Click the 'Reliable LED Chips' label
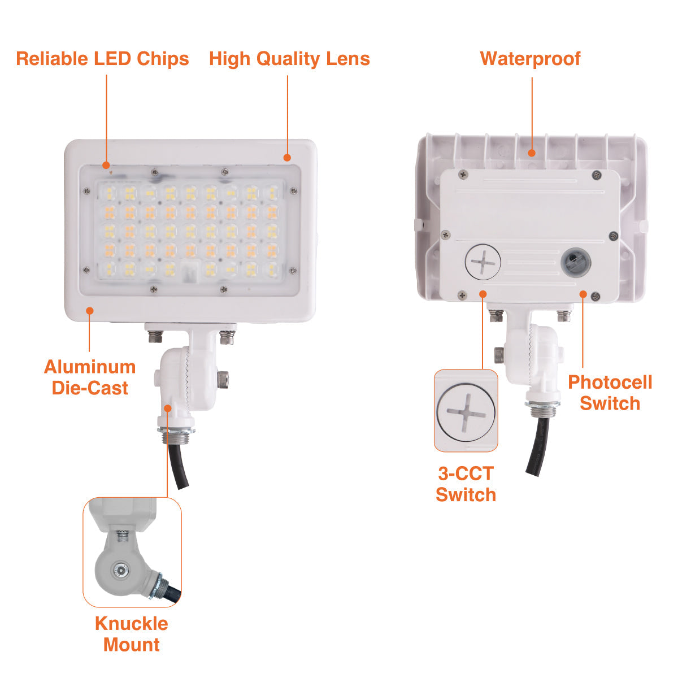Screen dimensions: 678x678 (102, 59)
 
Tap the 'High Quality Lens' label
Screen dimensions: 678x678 (289, 59)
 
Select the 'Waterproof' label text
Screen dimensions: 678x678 (530, 59)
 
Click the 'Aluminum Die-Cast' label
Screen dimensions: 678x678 (90, 377)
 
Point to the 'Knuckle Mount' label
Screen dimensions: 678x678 (131, 634)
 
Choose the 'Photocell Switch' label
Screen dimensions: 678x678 (610, 393)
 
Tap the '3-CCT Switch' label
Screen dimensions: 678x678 (466, 484)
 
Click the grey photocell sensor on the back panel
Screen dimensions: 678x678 (576, 263)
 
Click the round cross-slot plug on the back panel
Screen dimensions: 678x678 (483, 262)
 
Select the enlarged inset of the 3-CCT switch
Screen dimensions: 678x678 (466, 410)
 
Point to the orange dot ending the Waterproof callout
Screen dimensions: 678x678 (532, 153)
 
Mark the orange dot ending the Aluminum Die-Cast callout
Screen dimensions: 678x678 (90, 311)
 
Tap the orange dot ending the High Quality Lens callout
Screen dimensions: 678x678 (287, 158)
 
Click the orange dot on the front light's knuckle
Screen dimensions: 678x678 (168, 408)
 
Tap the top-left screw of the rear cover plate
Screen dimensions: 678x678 (464, 173)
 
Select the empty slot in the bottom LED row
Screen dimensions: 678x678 (190, 271)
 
